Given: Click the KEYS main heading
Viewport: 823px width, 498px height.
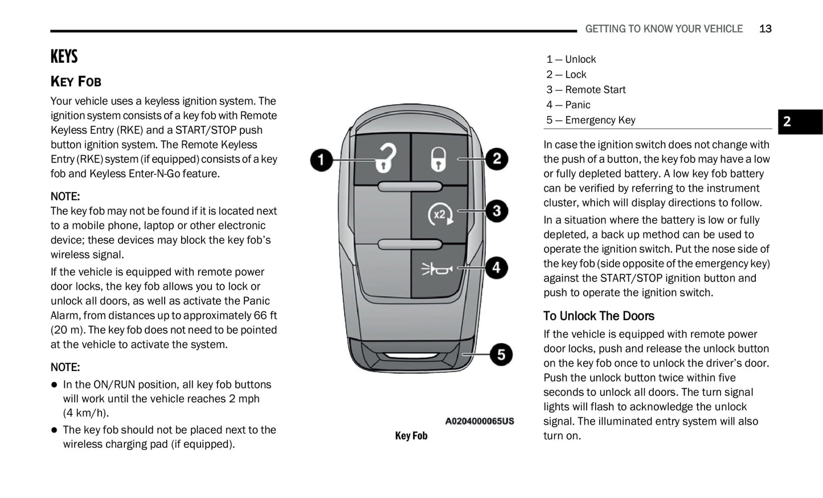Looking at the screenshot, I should click(64, 57).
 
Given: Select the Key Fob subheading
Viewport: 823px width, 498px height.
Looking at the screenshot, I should click(76, 81).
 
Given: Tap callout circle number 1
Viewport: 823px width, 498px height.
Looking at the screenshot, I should click(321, 160).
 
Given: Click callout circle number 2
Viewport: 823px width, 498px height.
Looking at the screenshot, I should click(497, 158).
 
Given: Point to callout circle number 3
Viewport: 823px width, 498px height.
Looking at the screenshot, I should click(497, 211).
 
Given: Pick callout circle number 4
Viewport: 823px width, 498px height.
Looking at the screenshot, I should click(497, 267).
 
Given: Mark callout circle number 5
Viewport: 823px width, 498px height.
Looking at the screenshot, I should click(501, 354).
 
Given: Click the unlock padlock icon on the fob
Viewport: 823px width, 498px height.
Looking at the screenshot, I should click(385, 157).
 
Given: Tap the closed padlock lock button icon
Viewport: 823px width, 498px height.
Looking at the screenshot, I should click(437, 159).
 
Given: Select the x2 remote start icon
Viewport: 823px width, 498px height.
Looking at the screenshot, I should click(440, 215).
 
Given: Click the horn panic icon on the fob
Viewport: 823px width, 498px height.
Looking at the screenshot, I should click(437, 268).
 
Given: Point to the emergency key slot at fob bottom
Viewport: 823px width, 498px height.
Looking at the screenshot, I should click(410, 357).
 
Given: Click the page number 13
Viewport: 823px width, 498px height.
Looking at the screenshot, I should click(765, 29).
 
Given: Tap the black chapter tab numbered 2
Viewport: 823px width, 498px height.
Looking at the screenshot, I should click(800, 121).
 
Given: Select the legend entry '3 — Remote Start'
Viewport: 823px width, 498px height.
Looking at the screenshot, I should click(585, 90).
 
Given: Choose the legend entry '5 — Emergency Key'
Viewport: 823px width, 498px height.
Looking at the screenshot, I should click(590, 120).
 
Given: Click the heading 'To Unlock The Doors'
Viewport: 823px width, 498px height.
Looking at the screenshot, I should click(599, 316).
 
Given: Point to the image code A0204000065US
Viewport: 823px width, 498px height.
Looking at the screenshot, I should click(479, 422).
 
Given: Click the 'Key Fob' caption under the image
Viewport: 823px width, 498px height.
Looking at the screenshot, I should click(411, 436).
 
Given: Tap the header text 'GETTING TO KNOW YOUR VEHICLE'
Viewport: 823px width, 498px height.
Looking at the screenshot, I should click(664, 29).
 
